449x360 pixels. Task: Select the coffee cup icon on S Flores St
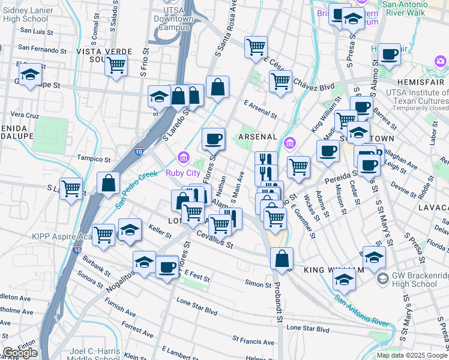(213, 140)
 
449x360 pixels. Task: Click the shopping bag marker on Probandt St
(282, 259)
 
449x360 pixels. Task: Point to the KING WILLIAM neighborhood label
(334, 271)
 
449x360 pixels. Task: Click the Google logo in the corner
(19, 353)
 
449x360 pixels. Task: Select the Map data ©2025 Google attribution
(412, 355)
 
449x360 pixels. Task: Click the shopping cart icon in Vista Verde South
(116, 65)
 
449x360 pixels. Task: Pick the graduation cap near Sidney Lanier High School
(29, 75)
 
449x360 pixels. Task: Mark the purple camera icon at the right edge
(441, 61)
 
